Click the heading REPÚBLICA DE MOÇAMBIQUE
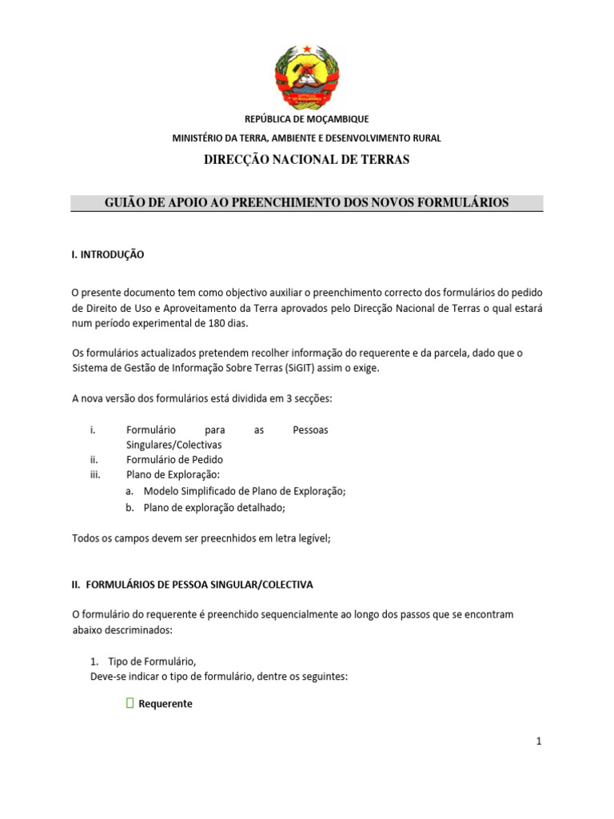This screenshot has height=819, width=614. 307,119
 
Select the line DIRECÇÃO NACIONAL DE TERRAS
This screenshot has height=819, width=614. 307,160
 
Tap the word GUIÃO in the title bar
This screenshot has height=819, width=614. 123,203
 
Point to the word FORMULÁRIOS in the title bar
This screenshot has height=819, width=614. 468,203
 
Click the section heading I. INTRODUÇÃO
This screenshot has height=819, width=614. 108,254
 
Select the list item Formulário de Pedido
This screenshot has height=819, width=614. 174,460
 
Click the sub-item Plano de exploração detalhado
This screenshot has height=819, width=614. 213,507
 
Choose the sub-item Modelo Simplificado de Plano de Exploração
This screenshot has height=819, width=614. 244,491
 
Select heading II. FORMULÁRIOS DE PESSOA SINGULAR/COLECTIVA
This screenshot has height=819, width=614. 193,585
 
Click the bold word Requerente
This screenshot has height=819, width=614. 165,705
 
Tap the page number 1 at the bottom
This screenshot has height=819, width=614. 539,741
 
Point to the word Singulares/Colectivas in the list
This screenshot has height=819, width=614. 173,445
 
